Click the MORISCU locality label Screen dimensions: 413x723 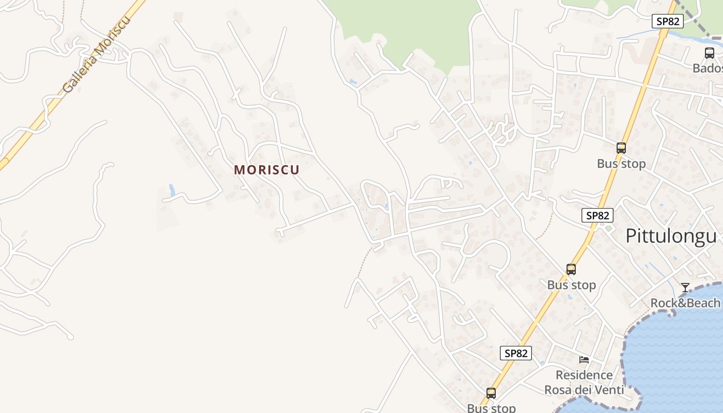[x=266, y=170]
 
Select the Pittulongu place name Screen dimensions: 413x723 [x=671, y=236]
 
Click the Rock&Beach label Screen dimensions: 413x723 [x=685, y=303]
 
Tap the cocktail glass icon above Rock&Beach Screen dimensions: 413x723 [x=685, y=288]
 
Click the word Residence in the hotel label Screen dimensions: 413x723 [x=584, y=375]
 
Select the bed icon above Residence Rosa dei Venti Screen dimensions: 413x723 [x=584, y=359]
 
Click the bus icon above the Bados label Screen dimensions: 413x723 [x=710, y=53]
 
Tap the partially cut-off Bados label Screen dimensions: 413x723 [x=707, y=68]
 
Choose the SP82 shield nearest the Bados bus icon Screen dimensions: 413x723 [x=667, y=21]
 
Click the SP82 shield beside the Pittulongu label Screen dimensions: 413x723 [x=598, y=215]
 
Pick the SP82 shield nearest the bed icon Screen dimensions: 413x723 [x=516, y=353]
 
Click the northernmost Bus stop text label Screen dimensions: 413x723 [x=621, y=164]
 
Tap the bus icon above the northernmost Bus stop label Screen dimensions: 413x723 [x=621, y=148]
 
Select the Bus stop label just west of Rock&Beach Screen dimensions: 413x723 [x=571, y=285]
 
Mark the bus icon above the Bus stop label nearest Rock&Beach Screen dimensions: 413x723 [x=571, y=269]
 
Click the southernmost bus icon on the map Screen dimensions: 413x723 [x=491, y=393]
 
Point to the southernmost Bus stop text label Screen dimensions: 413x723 [x=491, y=408]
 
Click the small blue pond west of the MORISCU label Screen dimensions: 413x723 [x=171, y=190]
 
